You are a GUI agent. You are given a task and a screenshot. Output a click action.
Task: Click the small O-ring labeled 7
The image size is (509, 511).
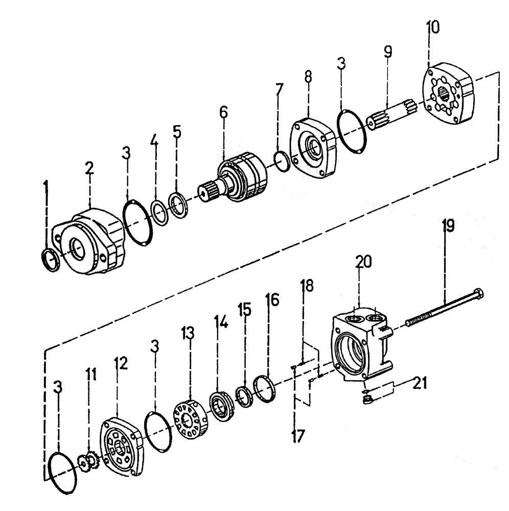[282, 160]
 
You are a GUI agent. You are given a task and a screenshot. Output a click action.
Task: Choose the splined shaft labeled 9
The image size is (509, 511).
[393, 116]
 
